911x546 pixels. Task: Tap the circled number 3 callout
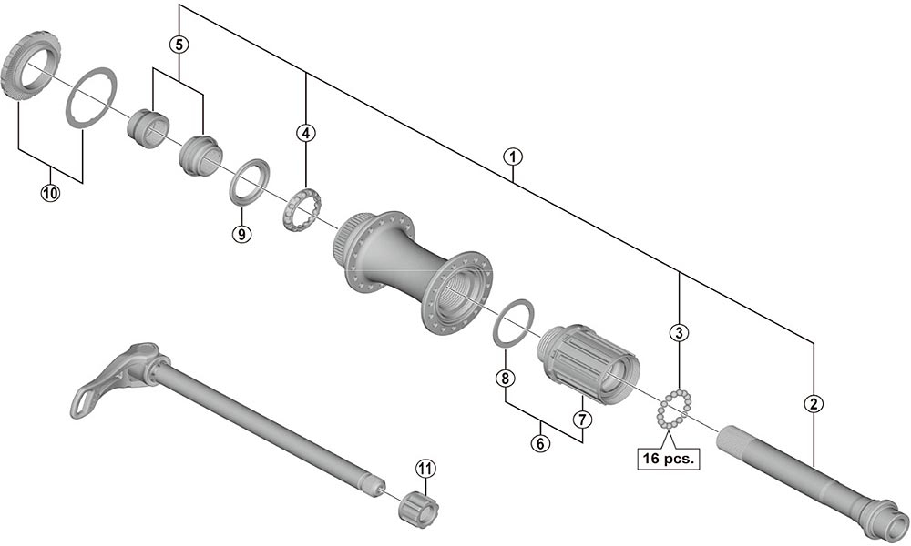(678, 332)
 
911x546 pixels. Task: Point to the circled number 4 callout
(306, 133)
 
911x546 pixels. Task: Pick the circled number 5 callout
(179, 43)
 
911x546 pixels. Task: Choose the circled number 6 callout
(541, 444)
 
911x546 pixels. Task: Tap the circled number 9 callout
(241, 234)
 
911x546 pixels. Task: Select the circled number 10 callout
(50, 192)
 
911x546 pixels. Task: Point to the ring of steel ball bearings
(674, 409)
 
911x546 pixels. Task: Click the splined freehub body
(592, 363)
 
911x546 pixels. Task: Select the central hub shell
(415, 268)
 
